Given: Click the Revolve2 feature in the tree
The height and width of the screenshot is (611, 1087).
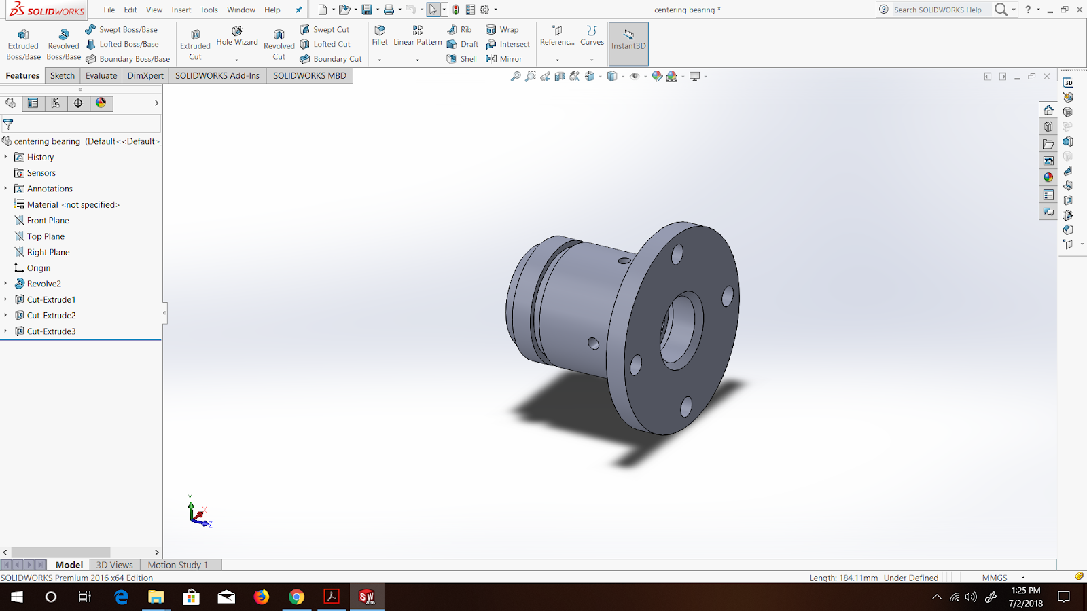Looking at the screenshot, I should [43, 284].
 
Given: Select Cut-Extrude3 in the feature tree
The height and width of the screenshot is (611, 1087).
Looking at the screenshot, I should [51, 331].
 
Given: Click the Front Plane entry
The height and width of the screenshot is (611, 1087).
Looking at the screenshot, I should [48, 221].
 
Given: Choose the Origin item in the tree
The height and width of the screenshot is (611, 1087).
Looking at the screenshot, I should [38, 268].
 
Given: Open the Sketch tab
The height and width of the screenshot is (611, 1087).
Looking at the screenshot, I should [63, 75].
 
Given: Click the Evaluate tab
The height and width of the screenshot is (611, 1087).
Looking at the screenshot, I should [101, 75].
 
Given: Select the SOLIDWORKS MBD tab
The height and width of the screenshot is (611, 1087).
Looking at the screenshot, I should [310, 75].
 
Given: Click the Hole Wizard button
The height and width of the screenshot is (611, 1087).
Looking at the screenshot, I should [237, 36].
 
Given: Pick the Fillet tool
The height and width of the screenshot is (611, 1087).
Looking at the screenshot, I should [380, 36].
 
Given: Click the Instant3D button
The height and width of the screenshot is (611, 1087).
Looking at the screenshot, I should [628, 39].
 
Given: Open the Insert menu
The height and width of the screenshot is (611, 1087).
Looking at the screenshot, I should [181, 10].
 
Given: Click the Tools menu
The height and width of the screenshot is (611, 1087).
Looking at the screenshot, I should [209, 10].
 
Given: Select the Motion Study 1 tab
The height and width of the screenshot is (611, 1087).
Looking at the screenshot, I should [177, 565].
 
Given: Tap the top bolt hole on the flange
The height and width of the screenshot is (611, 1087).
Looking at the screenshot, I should [677, 255].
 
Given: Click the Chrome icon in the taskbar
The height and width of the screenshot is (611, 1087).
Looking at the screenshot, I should [296, 597].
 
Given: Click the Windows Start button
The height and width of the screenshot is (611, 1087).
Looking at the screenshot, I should [17, 597].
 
